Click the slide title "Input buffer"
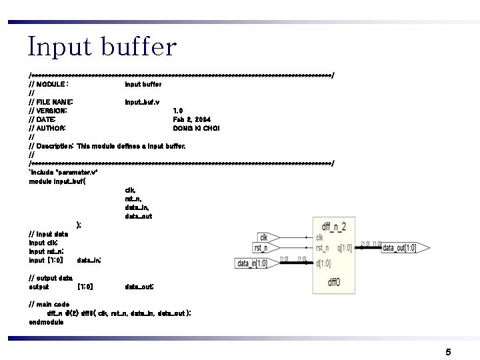102,47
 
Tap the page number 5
449,351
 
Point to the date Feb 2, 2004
192,119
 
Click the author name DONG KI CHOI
196,128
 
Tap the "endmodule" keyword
46,322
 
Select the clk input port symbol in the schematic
271,237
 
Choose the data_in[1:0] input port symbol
253,263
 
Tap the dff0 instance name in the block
334,282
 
